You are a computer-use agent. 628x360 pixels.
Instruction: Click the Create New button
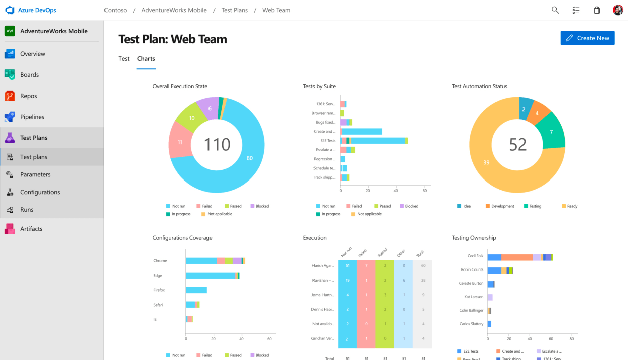pyautogui.click(x=587, y=38)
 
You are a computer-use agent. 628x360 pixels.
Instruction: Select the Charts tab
pyautogui.click(x=146, y=59)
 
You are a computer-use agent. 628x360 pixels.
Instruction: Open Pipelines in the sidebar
pyautogui.click(x=32, y=117)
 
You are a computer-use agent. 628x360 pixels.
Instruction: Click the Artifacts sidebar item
pyautogui.click(x=31, y=229)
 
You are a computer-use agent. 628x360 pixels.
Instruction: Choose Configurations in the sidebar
pyautogui.click(x=40, y=192)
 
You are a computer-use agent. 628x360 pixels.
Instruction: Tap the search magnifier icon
pyautogui.click(x=555, y=10)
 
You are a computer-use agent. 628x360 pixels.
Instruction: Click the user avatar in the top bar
pyautogui.click(x=618, y=10)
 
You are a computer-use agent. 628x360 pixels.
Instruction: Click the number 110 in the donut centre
pyautogui.click(x=217, y=145)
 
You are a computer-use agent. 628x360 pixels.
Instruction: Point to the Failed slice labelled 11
pyautogui.click(x=179, y=142)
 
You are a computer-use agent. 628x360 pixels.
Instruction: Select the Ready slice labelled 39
pyautogui.click(x=486, y=162)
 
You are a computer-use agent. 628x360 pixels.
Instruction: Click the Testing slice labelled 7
pyautogui.click(x=551, y=132)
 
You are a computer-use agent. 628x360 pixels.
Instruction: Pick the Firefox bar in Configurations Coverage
pyautogui.click(x=196, y=290)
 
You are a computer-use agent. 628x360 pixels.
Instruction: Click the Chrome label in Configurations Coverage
pyautogui.click(x=160, y=261)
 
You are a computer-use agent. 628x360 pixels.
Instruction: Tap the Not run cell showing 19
pyautogui.click(x=347, y=280)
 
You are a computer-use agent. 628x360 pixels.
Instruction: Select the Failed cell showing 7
pyautogui.click(x=366, y=265)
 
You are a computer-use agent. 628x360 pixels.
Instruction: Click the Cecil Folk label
pyautogui.click(x=475, y=256)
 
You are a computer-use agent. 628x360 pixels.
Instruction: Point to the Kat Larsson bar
pyautogui.click(x=490, y=297)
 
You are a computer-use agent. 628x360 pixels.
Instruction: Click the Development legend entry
pyautogui.click(x=500, y=206)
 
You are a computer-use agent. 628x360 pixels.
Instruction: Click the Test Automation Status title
pyautogui.click(x=479, y=86)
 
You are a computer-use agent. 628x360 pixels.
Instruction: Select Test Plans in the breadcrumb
pyautogui.click(x=234, y=10)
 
